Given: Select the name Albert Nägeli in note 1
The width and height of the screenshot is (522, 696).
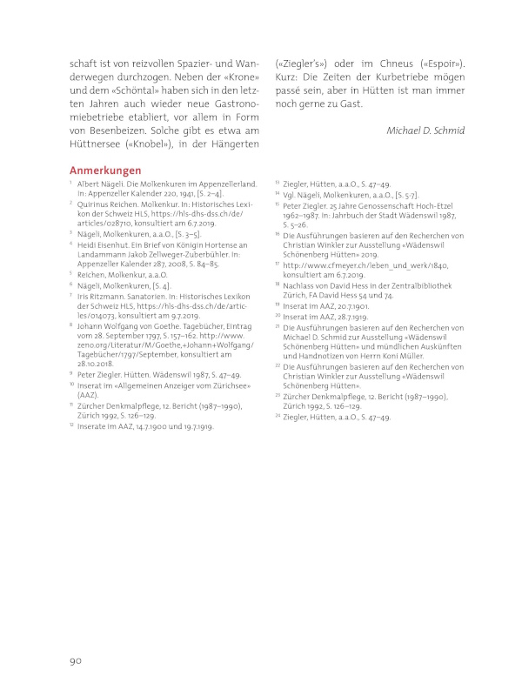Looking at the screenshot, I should click(107, 185).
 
